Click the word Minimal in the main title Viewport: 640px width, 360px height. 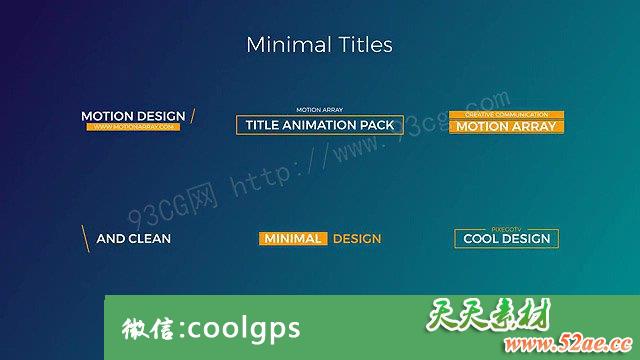(284, 45)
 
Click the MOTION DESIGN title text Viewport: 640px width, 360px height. (133, 116)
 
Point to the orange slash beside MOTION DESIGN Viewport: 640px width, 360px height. (192, 116)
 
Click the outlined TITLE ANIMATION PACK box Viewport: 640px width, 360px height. (320, 125)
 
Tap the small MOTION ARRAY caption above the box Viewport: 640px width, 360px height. (320, 109)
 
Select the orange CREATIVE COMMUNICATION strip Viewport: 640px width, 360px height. (507, 115)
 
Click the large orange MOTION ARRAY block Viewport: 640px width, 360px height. (507, 127)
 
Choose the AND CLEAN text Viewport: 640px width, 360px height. (133, 239)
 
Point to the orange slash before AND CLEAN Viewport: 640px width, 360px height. (86, 238)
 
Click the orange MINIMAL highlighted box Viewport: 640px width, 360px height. (293, 239)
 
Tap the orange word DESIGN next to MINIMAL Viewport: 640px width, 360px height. (357, 239)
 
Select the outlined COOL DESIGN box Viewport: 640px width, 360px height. (506, 239)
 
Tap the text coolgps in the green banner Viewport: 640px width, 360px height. (243, 328)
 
